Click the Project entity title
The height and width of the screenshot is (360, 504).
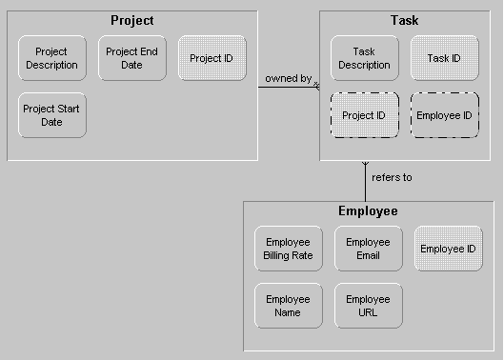point(131,20)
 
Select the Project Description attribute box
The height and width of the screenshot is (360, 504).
point(51,58)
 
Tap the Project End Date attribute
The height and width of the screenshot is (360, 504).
point(131,58)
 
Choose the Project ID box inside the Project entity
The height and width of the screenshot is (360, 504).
point(212,58)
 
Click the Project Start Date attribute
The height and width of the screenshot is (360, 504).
point(51,115)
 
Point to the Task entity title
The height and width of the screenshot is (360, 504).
point(404,20)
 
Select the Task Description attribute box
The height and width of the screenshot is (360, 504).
point(364,58)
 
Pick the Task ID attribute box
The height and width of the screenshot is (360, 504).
point(444,58)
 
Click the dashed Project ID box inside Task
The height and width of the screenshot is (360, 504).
point(364,115)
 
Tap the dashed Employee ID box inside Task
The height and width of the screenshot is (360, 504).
point(444,115)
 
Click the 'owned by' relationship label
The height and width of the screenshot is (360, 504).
point(288,78)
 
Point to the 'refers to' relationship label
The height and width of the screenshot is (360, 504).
point(392,177)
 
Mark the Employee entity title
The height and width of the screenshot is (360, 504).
point(368,210)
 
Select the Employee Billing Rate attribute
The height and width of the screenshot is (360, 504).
point(288,249)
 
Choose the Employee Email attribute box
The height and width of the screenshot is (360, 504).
point(368,249)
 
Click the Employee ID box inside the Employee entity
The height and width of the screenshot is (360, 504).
point(448,249)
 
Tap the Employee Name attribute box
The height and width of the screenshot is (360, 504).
point(288,306)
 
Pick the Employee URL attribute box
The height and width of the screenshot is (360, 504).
point(368,306)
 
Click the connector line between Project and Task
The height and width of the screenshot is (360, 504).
point(286,87)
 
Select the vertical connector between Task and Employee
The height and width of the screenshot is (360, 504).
point(365,186)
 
